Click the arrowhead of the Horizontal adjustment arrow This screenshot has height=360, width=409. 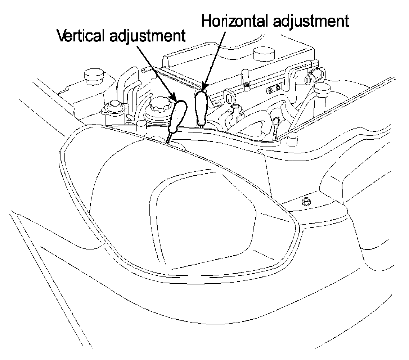tap(204, 86)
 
